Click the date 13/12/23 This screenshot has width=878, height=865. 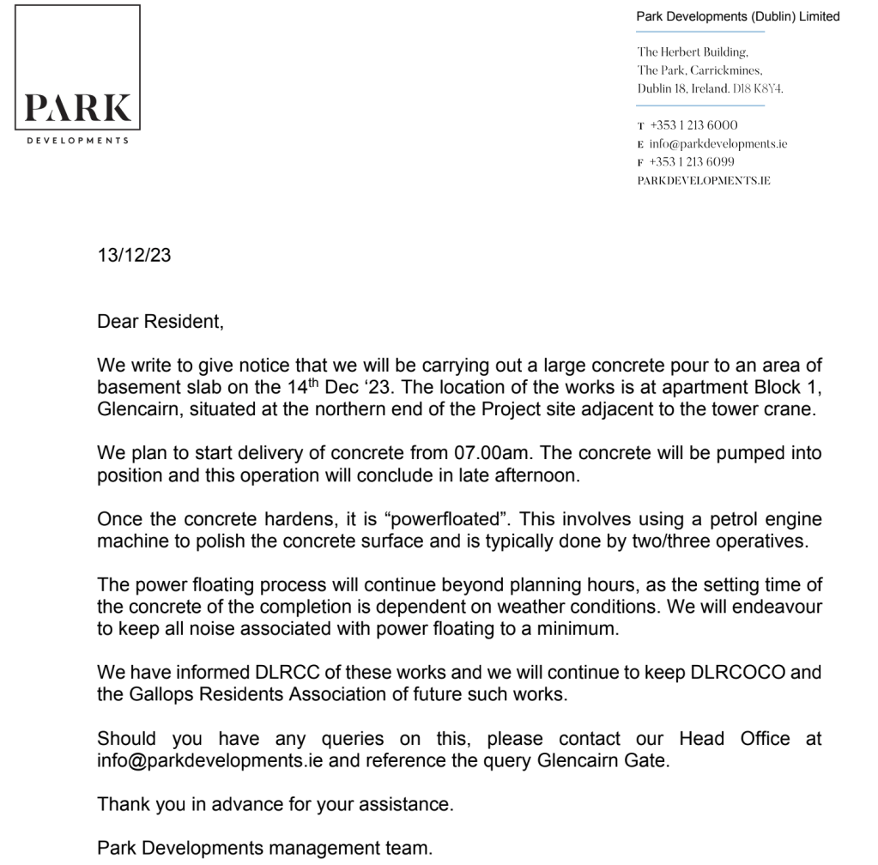(x=133, y=257)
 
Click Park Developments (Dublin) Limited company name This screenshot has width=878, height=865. (x=737, y=16)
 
